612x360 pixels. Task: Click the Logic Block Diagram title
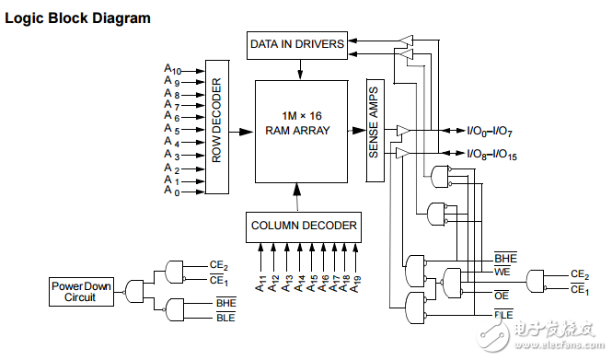[78, 17]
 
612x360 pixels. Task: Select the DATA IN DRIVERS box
[296, 43]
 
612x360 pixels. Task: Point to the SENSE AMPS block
[374, 130]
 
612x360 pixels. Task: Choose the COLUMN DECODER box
[304, 226]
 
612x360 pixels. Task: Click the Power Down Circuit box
[81, 292]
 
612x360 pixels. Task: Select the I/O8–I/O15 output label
[491, 154]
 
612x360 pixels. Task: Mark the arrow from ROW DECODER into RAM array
[241, 132]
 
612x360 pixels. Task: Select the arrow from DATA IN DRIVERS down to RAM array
[296, 66]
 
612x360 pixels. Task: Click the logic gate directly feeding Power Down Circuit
[135, 292]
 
